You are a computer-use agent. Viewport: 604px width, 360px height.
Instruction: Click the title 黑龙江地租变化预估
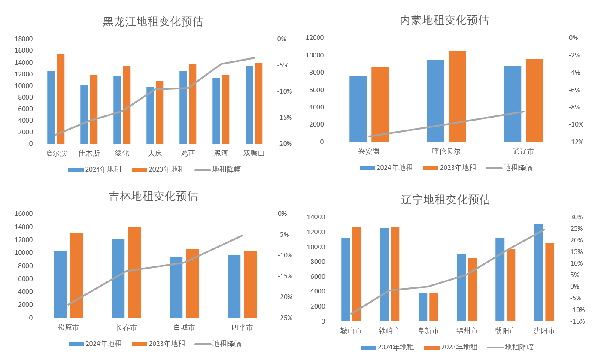[153, 22]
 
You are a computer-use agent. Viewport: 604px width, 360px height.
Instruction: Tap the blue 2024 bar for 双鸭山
[249, 105]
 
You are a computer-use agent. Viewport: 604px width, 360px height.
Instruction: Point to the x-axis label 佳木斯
[89, 153]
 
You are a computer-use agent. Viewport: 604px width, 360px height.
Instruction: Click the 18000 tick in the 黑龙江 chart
[24, 39]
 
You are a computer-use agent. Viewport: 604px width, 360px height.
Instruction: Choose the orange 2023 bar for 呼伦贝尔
[457, 97]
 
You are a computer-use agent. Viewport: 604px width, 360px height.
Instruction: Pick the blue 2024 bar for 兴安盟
[358, 109]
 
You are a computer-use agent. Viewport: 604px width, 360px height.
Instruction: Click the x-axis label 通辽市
[523, 151]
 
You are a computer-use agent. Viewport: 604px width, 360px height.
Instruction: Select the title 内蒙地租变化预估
[444, 20]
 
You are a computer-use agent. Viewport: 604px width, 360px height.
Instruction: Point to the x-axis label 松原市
[68, 328]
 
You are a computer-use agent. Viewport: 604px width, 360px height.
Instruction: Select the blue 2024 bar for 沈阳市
[538, 272]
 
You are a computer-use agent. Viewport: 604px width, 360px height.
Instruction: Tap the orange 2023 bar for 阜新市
[434, 307]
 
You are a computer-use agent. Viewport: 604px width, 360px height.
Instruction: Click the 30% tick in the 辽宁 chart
[577, 217]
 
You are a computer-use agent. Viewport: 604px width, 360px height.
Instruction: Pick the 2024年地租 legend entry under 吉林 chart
[96, 344]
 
